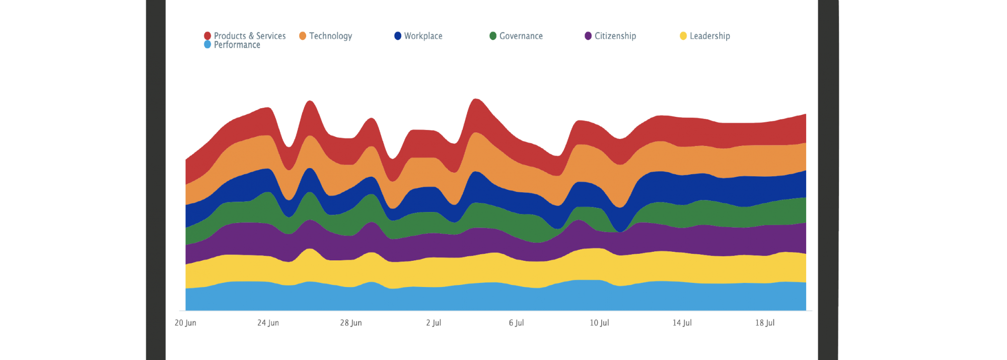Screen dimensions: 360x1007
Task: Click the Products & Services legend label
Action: [249, 36]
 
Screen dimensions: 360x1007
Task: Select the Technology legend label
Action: [330, 36]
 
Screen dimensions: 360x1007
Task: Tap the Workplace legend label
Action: [423, 36]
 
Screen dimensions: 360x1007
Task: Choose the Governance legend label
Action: [521, 36]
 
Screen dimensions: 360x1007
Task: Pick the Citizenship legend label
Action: [615, 36]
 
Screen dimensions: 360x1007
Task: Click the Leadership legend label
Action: [709, 36]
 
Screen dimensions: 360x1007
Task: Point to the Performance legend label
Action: [237, 45]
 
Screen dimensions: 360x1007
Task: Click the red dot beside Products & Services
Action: [207, 36]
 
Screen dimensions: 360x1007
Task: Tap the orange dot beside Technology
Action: [303, 36]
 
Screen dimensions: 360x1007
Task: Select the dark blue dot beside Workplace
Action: [398, 36]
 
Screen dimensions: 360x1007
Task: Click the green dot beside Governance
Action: [493, 36]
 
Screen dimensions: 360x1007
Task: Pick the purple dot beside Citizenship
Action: [588, 36]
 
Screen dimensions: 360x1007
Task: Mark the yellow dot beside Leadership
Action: [683, 36]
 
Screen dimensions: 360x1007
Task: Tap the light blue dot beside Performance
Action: [207, 45]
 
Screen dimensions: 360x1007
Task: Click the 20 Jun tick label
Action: [185, 323]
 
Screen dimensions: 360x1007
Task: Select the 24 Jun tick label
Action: [268, 323]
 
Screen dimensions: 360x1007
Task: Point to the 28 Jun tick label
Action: [350, 323]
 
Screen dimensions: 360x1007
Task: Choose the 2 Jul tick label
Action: [434, 323]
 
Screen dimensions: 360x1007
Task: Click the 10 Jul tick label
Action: [599, 323]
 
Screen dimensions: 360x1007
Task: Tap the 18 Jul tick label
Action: [765, 323]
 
